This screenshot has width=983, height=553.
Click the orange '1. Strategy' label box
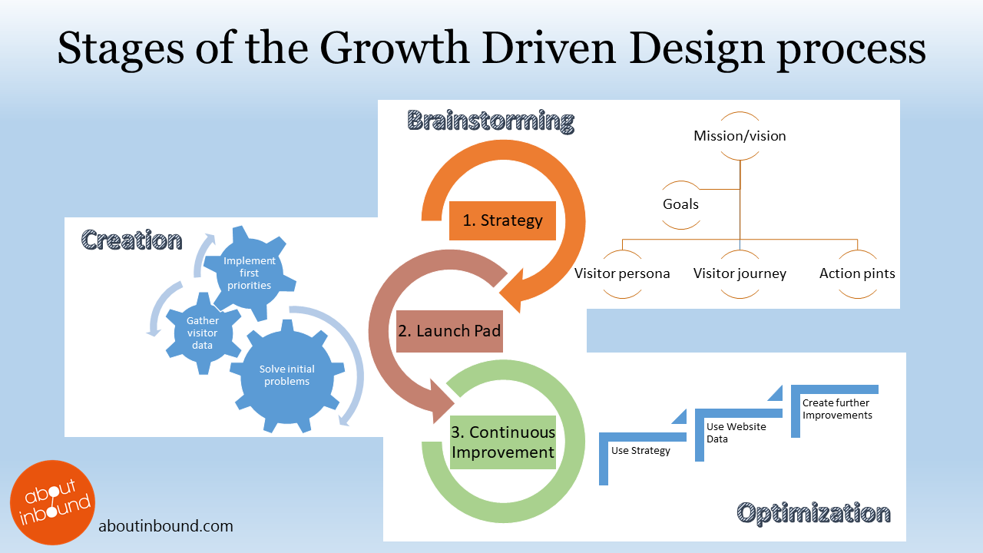pyautogui.click(x=502, y=220)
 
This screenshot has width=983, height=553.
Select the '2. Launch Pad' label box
pyautogui.click(x=449, y=331)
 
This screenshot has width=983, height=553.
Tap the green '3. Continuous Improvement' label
pyautogui.click(x=503, y=442)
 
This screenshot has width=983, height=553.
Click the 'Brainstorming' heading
pyautogui.click(x=491, y=121)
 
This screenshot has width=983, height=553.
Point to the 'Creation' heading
pyautogui.click(x=131, y=240)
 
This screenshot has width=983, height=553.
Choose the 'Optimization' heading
pyautogui.click(x=813, y=513)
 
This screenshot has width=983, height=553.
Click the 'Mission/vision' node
pyautogui.click(x=740, y=136)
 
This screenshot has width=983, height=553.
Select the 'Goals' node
pyautogui.click(x=680, y=204)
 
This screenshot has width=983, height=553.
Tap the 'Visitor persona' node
pyautogui.click(x=622, y=273)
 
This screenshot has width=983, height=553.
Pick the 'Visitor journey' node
pyautogui.click(x=740, y=273)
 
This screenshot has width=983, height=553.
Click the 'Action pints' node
pyautogui.click(x=857, y=273)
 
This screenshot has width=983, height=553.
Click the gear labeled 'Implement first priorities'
pyautogui.click(x=249, y=273)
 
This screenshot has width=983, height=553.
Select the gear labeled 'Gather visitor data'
pyautogui.click(x=203, y=333)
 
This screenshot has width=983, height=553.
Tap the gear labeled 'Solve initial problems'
pyautogui.click(x=287, y=376)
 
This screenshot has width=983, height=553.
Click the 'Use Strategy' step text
pyautogui.click(x=640, y=451)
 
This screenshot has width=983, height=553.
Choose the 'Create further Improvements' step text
pyautogui.click(x=837, y=409)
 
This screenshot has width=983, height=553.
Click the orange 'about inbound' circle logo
pyautogui.click(x=52, y=502)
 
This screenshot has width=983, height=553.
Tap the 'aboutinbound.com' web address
pyautogui.click(x=166, y=527)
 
